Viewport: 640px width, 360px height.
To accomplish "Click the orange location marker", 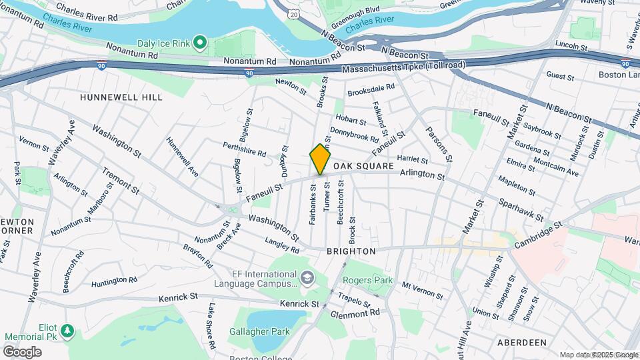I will [320, 159].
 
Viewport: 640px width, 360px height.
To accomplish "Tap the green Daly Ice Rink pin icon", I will [199, 43].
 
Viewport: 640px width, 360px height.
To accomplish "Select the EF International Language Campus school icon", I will [307, 277].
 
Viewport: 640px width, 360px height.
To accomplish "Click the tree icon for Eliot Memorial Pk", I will [66, 331].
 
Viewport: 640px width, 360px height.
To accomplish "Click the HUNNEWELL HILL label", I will [121, 97].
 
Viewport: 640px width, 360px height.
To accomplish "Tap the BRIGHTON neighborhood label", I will [351, 251].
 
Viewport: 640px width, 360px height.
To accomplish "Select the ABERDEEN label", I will [522, 343].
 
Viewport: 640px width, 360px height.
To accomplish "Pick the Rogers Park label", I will [368, 281].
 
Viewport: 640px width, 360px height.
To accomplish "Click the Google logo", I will [22, 351].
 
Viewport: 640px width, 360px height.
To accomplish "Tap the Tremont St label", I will [120, 181].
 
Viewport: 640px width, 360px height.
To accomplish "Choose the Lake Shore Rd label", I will [211, 327].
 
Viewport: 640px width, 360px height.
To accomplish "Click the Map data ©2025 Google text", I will [598, 355].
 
